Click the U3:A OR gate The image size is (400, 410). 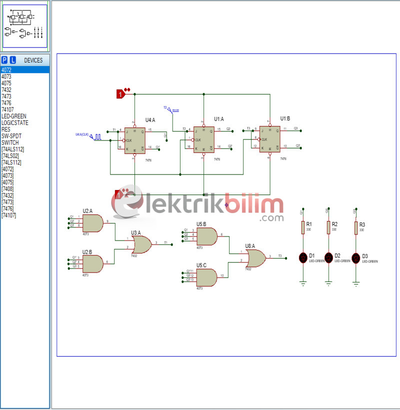coord(141,244)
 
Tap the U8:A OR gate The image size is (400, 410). coord(256,258)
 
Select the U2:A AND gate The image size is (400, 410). coord(94,223)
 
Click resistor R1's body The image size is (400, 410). coord(303,227)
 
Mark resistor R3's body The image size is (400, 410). coord(356,227)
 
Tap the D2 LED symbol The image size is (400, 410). coord(328,258)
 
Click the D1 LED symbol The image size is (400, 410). coord(303,258)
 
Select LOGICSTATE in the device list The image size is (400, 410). coord(14,122)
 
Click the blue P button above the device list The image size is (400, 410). coord(4,60)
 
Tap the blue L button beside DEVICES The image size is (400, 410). coord(13,60)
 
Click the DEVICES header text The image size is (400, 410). coord(33,60)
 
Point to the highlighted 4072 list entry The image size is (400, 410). coord(6,70)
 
